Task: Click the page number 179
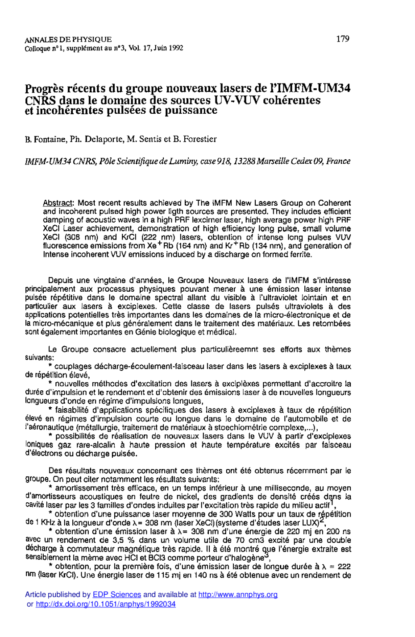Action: point(343,39)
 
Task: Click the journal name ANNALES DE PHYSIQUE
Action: point(68,40)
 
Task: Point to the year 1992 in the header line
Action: point(175,48)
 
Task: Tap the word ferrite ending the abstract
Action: point(299,254)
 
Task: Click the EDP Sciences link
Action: point(116,595)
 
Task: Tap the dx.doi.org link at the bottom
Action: point(105,604)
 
